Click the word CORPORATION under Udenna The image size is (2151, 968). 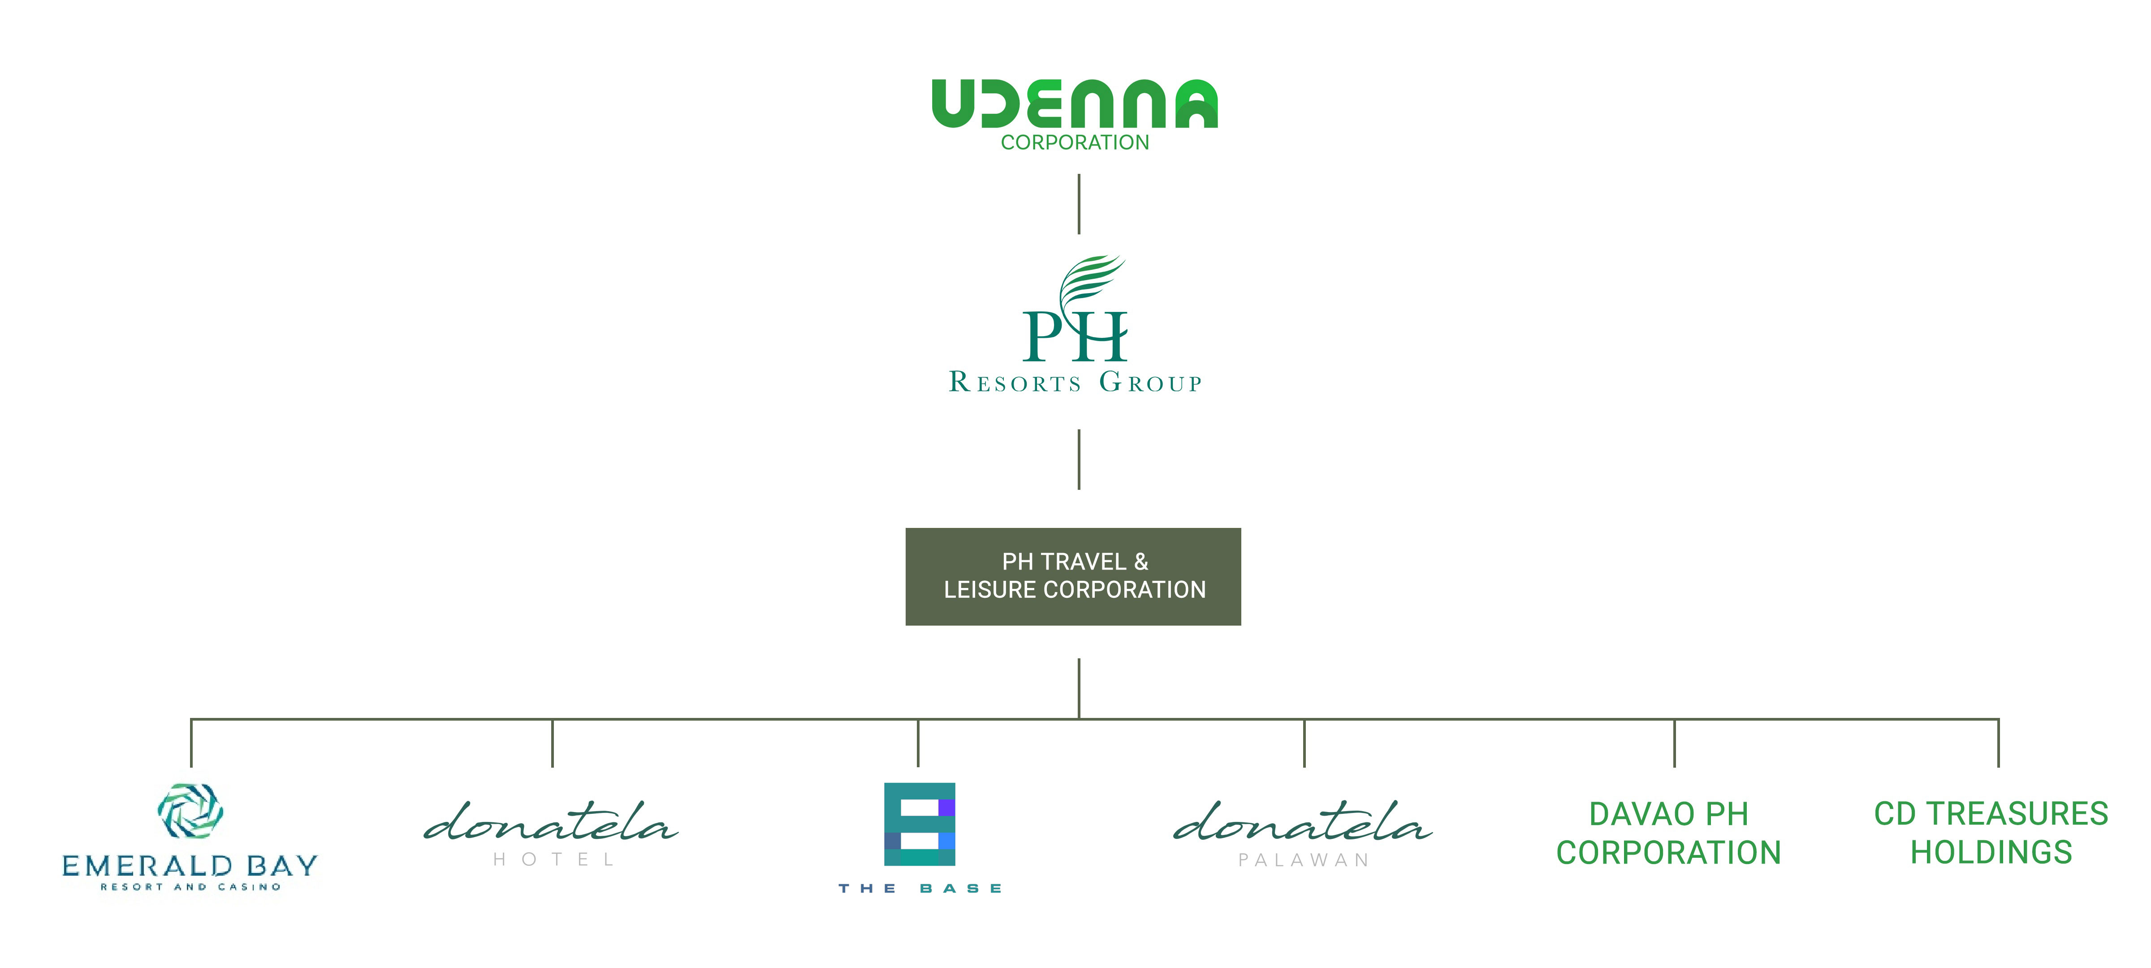[1075, 143]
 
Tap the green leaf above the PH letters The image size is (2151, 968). [1088, 279]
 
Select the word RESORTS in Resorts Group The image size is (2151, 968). [1015, 383]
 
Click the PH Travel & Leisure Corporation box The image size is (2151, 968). [1073, 576]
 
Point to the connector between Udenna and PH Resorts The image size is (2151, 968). [1079, 204]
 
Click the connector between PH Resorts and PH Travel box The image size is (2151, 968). [1079, 459]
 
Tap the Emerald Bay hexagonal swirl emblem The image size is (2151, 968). [190, 810]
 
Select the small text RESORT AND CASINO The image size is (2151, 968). [190, 887]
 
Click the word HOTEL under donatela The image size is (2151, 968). [553, 860]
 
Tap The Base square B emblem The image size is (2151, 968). [920, 824]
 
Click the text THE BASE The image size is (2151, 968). [920, 889]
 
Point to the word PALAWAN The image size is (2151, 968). [1304, 860]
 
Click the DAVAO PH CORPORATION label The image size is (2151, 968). [1668, 834]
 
